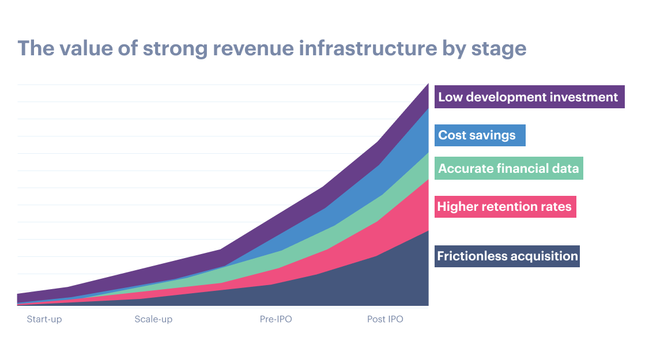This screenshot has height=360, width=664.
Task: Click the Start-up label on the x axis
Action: point(44,319)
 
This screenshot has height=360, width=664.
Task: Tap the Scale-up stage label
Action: point(153,319)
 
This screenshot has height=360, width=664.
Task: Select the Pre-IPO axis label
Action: point(276,319)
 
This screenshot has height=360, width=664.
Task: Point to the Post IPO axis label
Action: point(385,319)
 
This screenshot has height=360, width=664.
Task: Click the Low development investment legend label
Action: point(528,97)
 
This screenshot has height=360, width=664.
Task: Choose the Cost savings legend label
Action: point(477,135)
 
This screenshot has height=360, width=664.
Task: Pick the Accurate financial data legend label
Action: point(508,169)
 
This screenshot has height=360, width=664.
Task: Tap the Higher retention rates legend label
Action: point(504,206)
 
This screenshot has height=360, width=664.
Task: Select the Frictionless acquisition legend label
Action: point(507,256)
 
